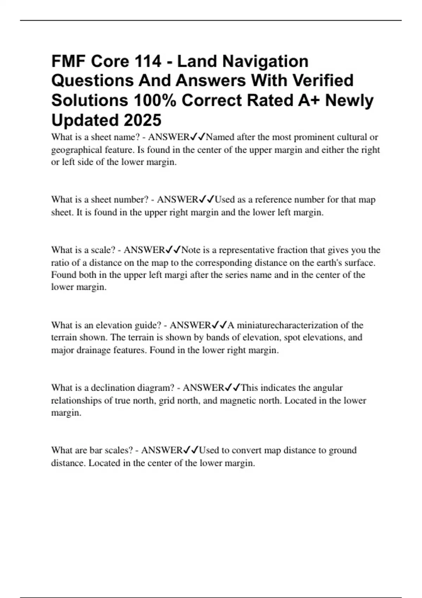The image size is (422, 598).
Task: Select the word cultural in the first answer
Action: click(352, 137)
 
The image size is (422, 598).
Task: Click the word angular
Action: click(328, 388)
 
